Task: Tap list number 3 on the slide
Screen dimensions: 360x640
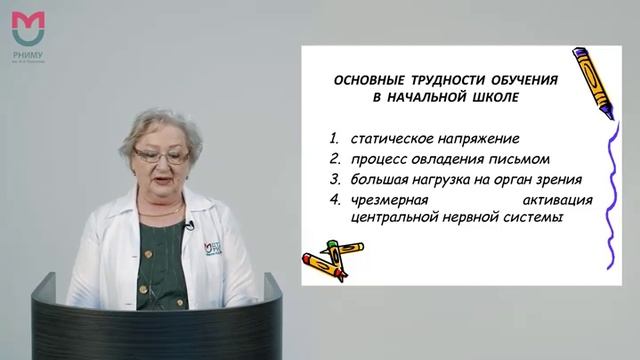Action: click(x=331, y=180)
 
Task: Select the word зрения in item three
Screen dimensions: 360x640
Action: click(x=550, y=180)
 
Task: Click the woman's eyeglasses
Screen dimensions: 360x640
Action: click(x=161, y=157)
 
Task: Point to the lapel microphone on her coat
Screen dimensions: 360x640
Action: click(x=188, y=227)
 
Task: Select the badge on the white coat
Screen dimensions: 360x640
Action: click(x=213, y=245)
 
